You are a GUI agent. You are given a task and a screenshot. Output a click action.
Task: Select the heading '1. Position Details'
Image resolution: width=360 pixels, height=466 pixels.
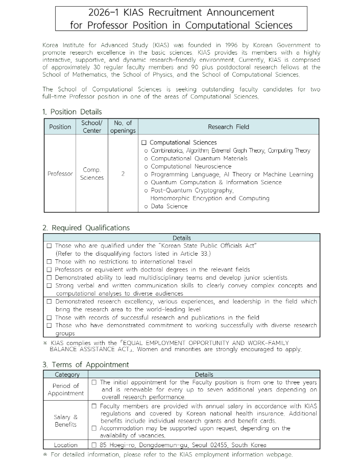point(72,112)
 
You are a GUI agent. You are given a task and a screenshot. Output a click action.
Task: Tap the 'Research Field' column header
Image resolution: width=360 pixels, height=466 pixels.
point(228,127)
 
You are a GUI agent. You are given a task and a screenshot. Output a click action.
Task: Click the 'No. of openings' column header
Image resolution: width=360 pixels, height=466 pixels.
point(123,127)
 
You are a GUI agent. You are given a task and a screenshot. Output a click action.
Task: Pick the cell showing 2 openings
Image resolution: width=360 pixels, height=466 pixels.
point(123,174)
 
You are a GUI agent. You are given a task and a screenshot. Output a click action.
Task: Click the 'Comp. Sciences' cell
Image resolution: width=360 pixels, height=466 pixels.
point(92,174)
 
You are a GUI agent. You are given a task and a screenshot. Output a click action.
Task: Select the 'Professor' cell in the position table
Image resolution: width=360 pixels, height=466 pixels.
point(60,174)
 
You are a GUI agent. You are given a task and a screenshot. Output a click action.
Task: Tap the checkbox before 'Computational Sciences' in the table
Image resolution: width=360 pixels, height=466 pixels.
point(144,143)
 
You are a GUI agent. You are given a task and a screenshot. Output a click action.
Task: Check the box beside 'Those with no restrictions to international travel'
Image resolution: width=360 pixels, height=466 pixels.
point(49,261)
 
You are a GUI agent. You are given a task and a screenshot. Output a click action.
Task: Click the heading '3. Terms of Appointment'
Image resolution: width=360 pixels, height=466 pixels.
point(86,364)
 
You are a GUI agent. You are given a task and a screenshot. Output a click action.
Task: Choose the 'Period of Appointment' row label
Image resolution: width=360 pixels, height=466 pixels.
point(66,389)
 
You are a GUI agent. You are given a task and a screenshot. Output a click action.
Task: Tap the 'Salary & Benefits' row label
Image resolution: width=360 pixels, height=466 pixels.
point(66,421)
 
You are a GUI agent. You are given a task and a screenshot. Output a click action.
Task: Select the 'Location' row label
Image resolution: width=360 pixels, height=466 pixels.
point(66,445)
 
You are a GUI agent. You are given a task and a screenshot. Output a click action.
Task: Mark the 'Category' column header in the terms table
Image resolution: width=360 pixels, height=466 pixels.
point(66,375)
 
